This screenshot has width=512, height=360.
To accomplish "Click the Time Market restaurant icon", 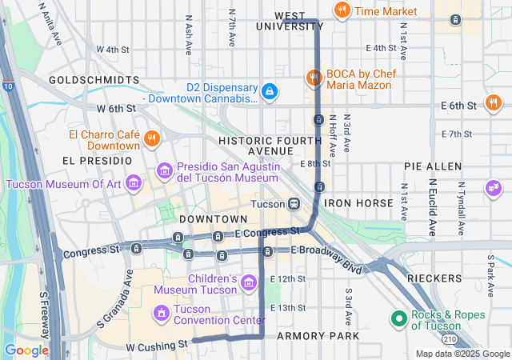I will coord(342,10).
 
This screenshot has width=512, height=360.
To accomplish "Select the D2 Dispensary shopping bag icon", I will coord(270,92).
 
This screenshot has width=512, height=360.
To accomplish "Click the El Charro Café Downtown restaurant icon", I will coord(151,138).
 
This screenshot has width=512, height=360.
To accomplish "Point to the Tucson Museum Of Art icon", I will coord(134,183).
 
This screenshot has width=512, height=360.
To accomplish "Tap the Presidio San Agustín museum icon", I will coord(165,170).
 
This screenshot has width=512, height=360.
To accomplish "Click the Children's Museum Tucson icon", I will coord(248,282).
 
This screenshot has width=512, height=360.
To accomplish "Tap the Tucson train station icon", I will coord(294,203).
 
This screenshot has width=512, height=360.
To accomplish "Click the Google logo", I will coord(26,350).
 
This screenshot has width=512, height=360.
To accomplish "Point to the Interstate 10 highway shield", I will coord(6,86).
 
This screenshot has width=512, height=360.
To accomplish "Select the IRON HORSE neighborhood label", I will coord(358,203).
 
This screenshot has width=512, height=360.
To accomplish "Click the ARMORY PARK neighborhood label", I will coord(318,336).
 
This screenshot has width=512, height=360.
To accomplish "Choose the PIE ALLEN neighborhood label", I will coord(433,166).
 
